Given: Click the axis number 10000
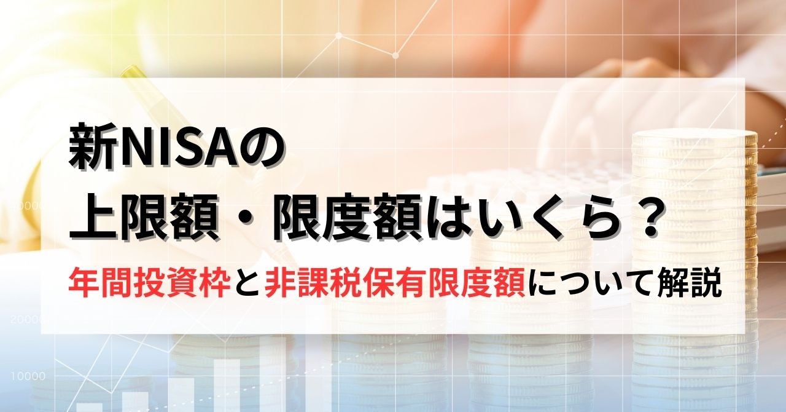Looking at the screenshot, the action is pyautogui.click(x=28, y=376).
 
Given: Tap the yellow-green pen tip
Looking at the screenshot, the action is pyautogui.click(x=131, y=74).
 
